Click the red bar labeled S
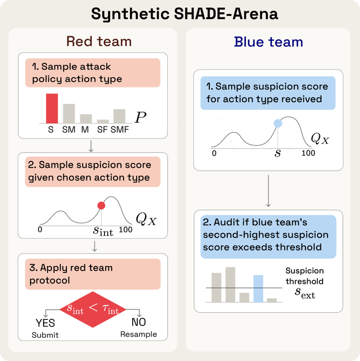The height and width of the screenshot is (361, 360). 52,109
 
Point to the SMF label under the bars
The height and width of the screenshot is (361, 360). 119,130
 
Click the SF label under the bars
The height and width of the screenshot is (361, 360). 103,130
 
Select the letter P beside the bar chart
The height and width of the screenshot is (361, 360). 140,118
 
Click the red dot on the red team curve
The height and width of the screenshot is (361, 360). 101,206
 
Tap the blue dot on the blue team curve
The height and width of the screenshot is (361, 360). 278,123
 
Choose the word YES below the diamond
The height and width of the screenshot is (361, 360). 45,324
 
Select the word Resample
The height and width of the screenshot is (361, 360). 138,334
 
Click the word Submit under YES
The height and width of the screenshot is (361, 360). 46,335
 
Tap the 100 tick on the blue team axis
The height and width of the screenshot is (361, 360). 308,153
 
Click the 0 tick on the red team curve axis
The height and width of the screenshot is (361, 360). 40,230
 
